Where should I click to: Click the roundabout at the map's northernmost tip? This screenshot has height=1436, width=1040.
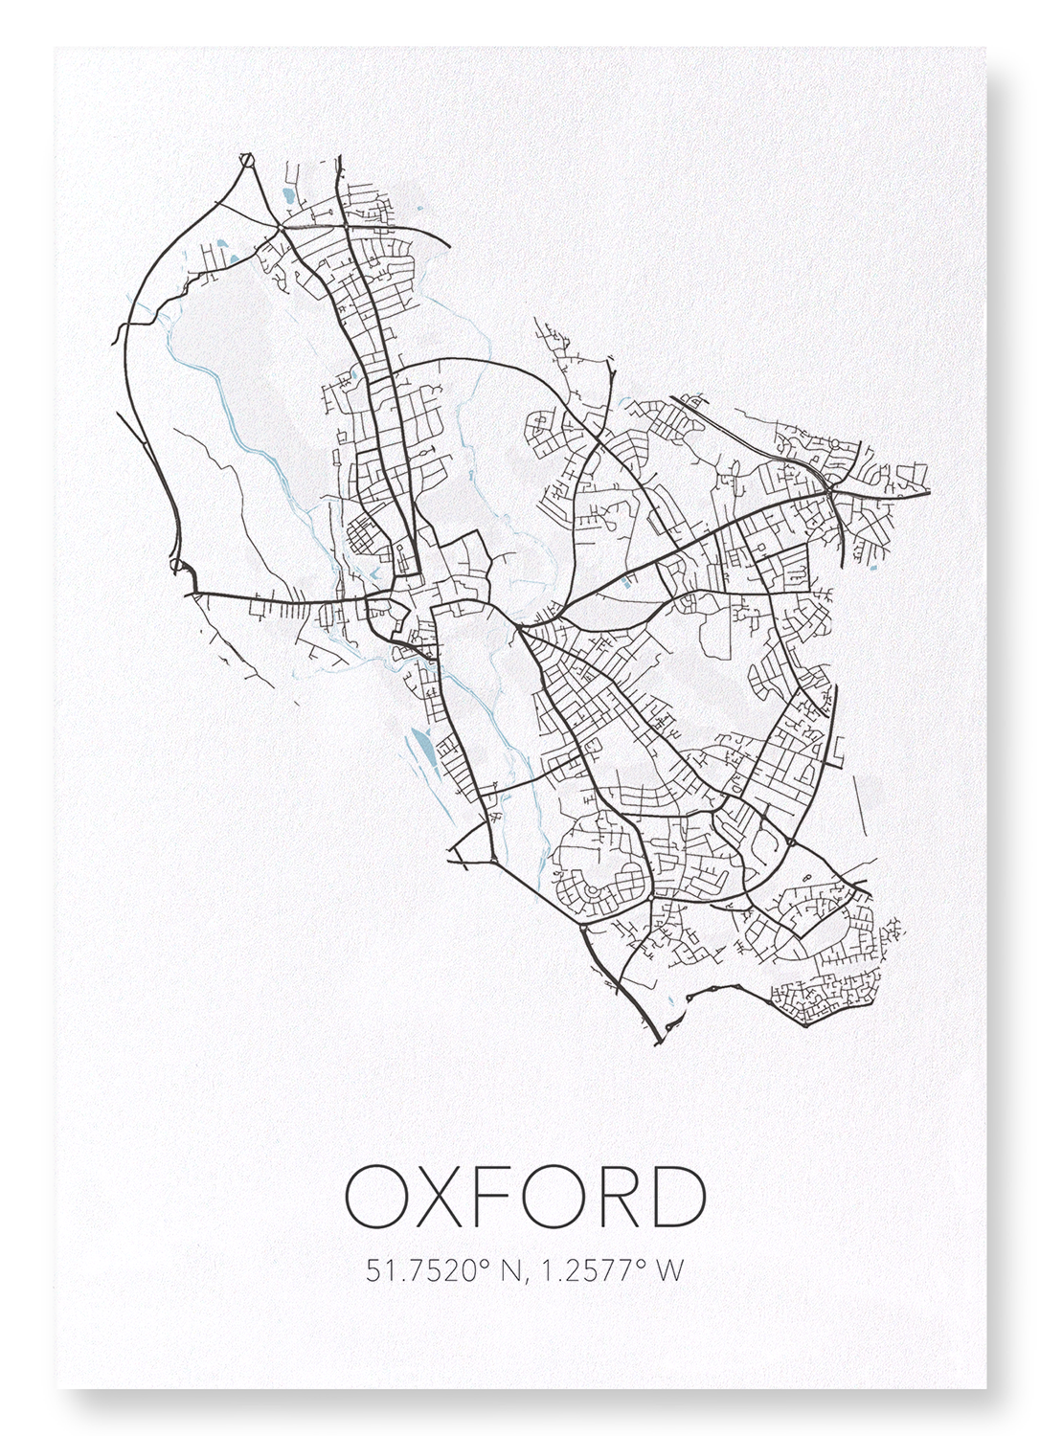coord(249,160)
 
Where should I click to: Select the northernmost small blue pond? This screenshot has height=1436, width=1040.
coord(288,198)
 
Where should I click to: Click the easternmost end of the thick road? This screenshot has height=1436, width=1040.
coord(928,492)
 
